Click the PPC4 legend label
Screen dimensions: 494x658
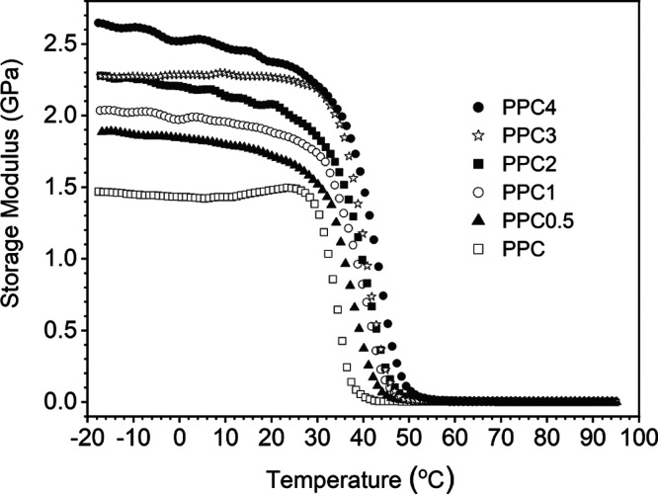tap(526, 106)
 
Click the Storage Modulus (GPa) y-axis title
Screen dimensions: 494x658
tap(18, 222)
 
